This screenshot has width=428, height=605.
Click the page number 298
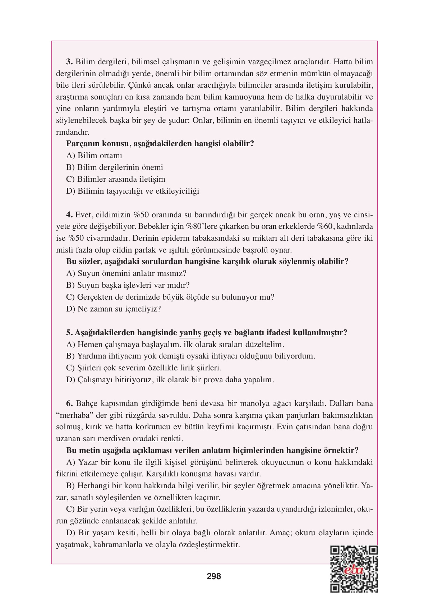click(x=214, y=576)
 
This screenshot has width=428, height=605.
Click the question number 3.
click(x=70, y=62)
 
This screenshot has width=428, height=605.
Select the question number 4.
click(x=70, y=215)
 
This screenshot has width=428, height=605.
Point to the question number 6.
click(x=70, y=403)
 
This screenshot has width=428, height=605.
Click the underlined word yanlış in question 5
click(x=190, y=333)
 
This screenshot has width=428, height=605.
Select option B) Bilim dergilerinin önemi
click(x=115, y=167)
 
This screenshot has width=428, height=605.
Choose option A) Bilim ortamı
click(x=94, y=156)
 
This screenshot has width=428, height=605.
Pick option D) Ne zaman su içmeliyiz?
click(x=114, y=309)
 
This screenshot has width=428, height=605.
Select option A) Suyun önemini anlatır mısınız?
click(x=126, y=273)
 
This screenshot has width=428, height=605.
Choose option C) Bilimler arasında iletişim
click(x=116, y=179)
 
